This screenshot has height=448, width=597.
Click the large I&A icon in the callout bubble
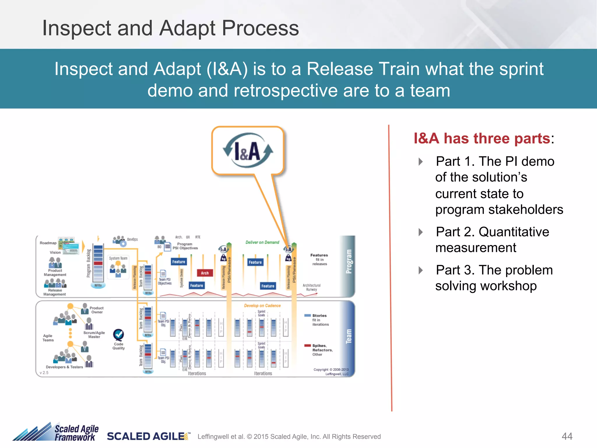pyautogui.click(x=248, y=150)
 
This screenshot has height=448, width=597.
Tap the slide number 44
pyautogui.click(x=567, y=436)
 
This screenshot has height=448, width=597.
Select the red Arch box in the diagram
pyautogui.click(x=205, y=273)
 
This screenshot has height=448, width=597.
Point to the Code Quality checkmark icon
pyautogui.click(x=118, y=335)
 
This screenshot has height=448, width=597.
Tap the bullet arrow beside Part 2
pyautogui.click(x=421, y=232)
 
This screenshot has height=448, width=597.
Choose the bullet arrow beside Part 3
pyautogui.click(x=421, y=270)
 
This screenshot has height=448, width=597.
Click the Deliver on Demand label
pyautogui.click(x=262, y=242)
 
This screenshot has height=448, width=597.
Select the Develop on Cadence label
pyautogui.click(x=262, y=306)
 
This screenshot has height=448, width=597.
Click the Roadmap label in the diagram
pyautogui.click(x=48, y=243)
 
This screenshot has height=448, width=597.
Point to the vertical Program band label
pyautogui.click(x=349, y=262)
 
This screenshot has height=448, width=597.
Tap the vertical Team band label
pyautogui.click(x=349, y=337)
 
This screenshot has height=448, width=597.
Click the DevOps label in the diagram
pyautogui.click(x=132, y=239)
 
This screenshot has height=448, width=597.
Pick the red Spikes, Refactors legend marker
pyautogui.click(x=307, y=346)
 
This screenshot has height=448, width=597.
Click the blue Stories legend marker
pyautogui.click(x=307, y=315)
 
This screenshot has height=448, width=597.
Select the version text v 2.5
pyautogui.click(x=44, y=373)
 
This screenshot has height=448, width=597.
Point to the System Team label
pyautogui.click(x=118, y=258)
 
